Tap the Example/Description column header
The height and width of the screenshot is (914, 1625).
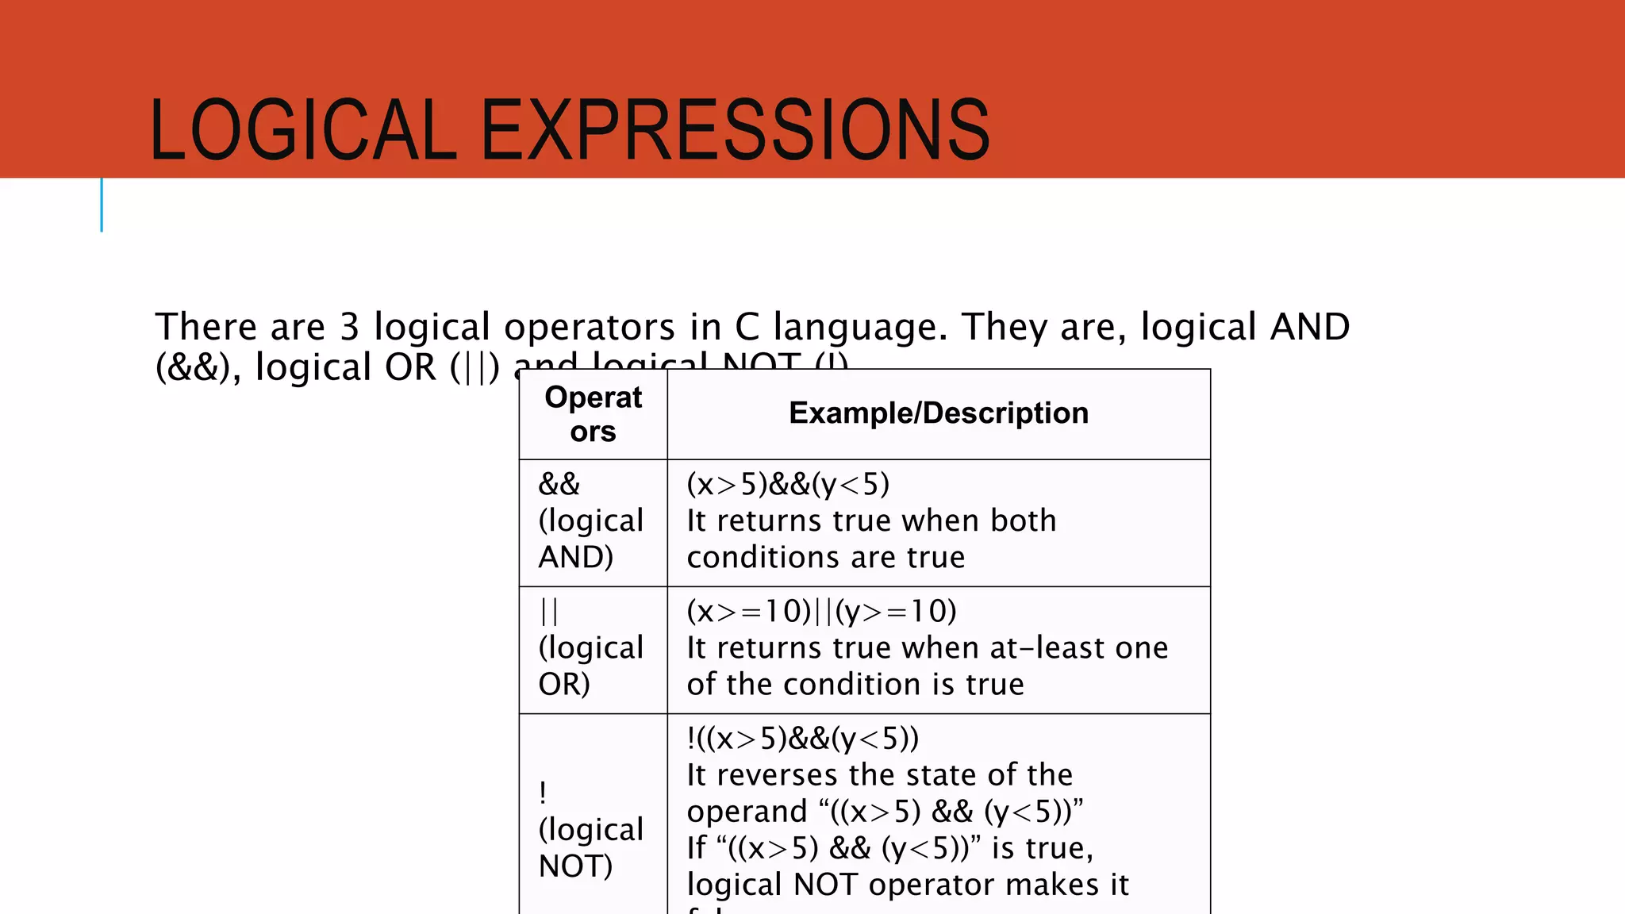(x=938, y=413)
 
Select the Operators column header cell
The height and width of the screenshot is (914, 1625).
(x=593, y=414)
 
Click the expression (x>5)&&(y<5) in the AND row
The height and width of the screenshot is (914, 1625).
(x=788, y=484)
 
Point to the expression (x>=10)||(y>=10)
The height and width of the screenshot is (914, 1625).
(x=821, y=612)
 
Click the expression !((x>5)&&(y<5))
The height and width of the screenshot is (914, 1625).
(x=802, y=739)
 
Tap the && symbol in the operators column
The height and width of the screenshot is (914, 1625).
(x=559, y=484)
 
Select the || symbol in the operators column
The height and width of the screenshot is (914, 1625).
(x=548, y=612)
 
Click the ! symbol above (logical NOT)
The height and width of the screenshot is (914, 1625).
(x=542, y=792)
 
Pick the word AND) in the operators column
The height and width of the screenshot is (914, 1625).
(x=575, y=557)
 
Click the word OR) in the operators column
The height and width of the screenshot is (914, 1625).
(x=563, y=684)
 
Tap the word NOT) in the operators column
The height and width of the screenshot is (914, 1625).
(x=575, y=866)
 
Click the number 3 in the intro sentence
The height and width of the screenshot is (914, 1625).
(x=350, y=327)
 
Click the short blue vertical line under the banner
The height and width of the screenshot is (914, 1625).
(x=102, y=205)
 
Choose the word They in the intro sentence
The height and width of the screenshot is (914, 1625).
(x=1004, y=327)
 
